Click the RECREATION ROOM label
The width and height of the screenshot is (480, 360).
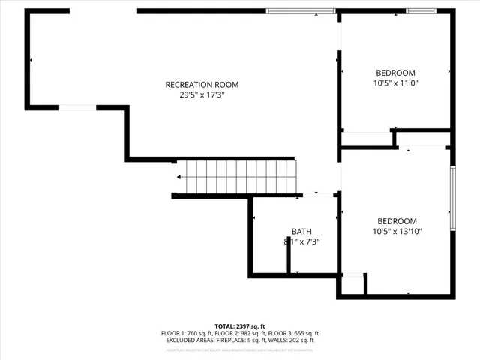pos(202,85)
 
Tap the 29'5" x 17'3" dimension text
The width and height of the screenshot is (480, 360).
pos(202,95)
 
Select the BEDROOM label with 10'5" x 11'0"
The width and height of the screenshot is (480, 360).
pos(395,73)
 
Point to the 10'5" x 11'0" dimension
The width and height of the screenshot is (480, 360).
pos(395,83)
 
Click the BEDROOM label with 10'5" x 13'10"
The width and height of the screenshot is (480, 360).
pos(397,221)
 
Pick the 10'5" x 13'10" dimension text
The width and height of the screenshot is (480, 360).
pos(397,232)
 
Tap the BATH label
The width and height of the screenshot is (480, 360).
pos(302,232)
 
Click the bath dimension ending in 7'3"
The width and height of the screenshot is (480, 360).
pos(302,241)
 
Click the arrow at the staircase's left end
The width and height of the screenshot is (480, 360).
pos(179,178)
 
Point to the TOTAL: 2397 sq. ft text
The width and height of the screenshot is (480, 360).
pos(239,326)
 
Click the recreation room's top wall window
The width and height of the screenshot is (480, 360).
pos(301,11)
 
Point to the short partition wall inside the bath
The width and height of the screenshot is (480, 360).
pos(289,255)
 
